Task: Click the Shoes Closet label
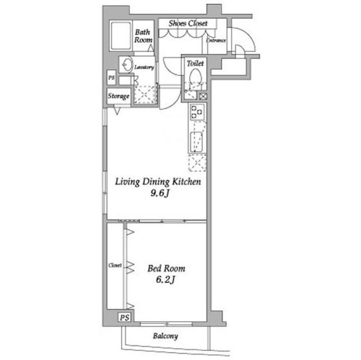coord(188,23)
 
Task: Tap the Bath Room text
coord(143,36)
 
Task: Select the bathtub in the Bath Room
coord(120,35)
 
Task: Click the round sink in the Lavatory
coord(127,64)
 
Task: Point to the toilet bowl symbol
coord(195,77)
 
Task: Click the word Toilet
coord(195,63)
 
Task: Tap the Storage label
coord(118,96)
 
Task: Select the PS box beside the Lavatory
coord(112,78)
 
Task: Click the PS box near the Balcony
coord(124,318)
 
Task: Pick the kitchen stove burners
coord(197,112)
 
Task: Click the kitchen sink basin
coord(196,142)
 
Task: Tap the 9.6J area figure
coord(160,193)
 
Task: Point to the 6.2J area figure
coord(165,280)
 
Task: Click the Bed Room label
coord(166,269)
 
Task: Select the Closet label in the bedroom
coord(115,265)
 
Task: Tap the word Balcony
coord(165,336)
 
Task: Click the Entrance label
coord(216,41)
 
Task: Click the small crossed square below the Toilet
coord(203,96)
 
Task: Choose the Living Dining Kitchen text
coord(158,182)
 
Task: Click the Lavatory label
coord(144,68)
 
